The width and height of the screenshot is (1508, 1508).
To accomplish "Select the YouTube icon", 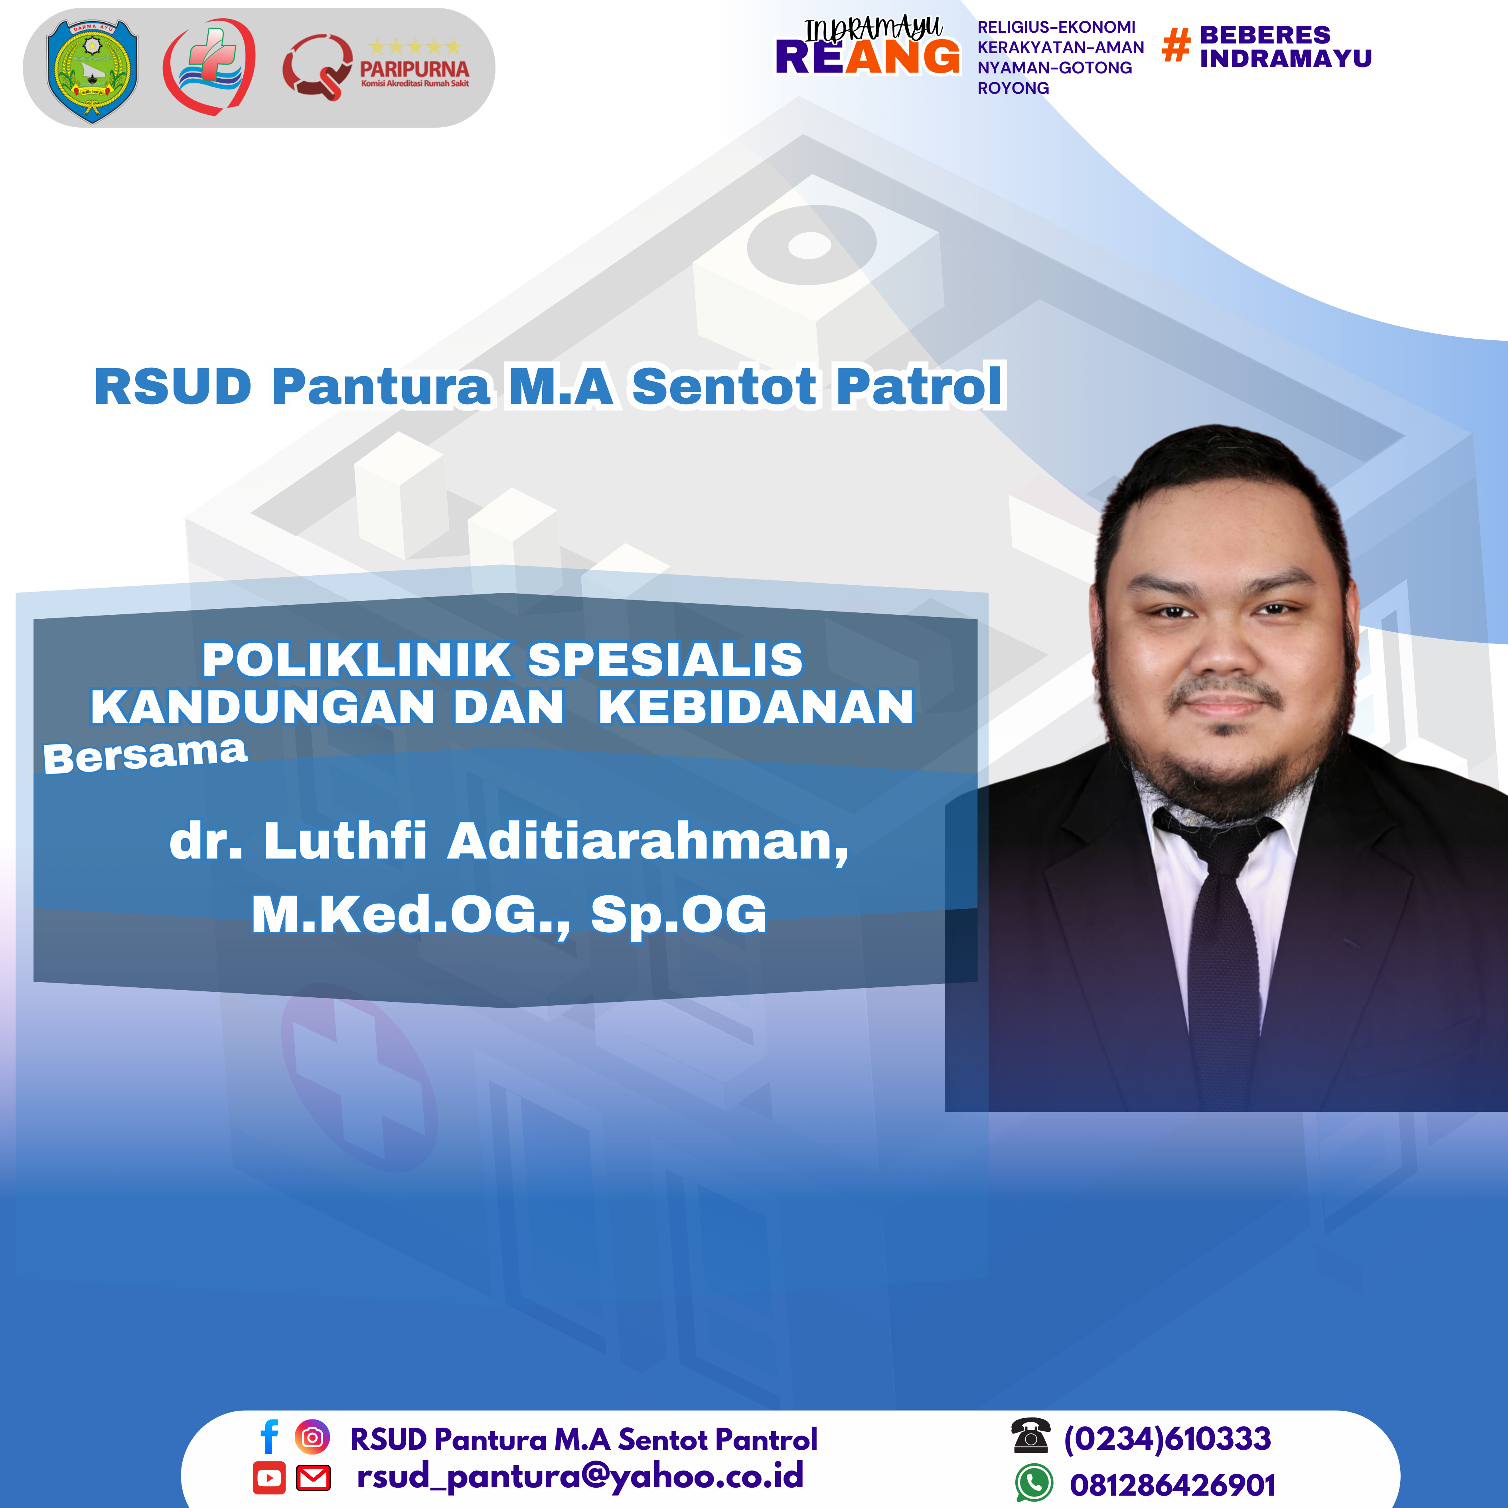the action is (269, 1478).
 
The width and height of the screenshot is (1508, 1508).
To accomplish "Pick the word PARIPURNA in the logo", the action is (415, 69).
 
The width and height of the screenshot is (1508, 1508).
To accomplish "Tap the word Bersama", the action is (145, 755).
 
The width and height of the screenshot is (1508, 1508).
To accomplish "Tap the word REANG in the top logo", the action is (867, 58).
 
